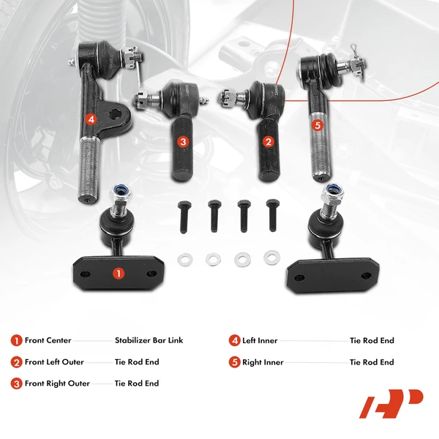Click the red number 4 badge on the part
click(90, 119)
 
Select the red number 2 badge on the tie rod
click(269, 142)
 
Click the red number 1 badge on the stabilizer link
click(118, 273)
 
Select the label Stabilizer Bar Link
click(149, 340)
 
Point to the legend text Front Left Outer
click(54, 361)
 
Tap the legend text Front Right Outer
click(56, 383)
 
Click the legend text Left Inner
click(260, 340)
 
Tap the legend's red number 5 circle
click(235, 361)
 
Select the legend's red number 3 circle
click(16, 383)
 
